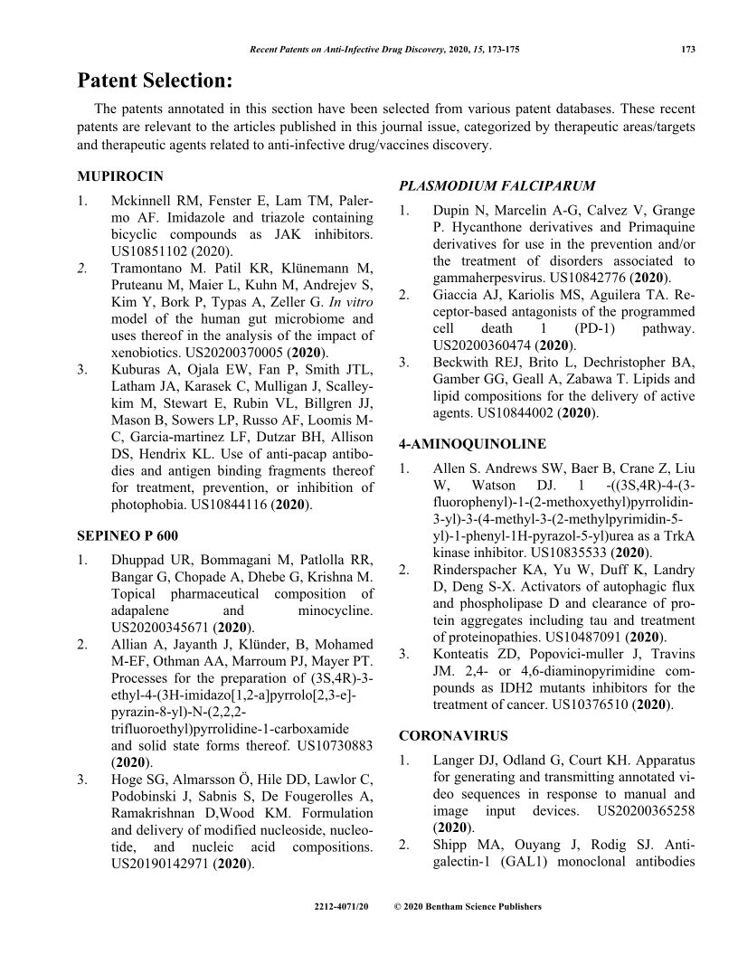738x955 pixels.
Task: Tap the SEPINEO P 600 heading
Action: (x=127, y=535)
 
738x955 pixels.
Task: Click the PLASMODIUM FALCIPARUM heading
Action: (x=497, y=186)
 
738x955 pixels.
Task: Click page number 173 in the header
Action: (x=687, y=49)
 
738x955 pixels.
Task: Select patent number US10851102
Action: (x=153, y=251)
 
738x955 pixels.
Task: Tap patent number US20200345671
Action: (x=160, y=627)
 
